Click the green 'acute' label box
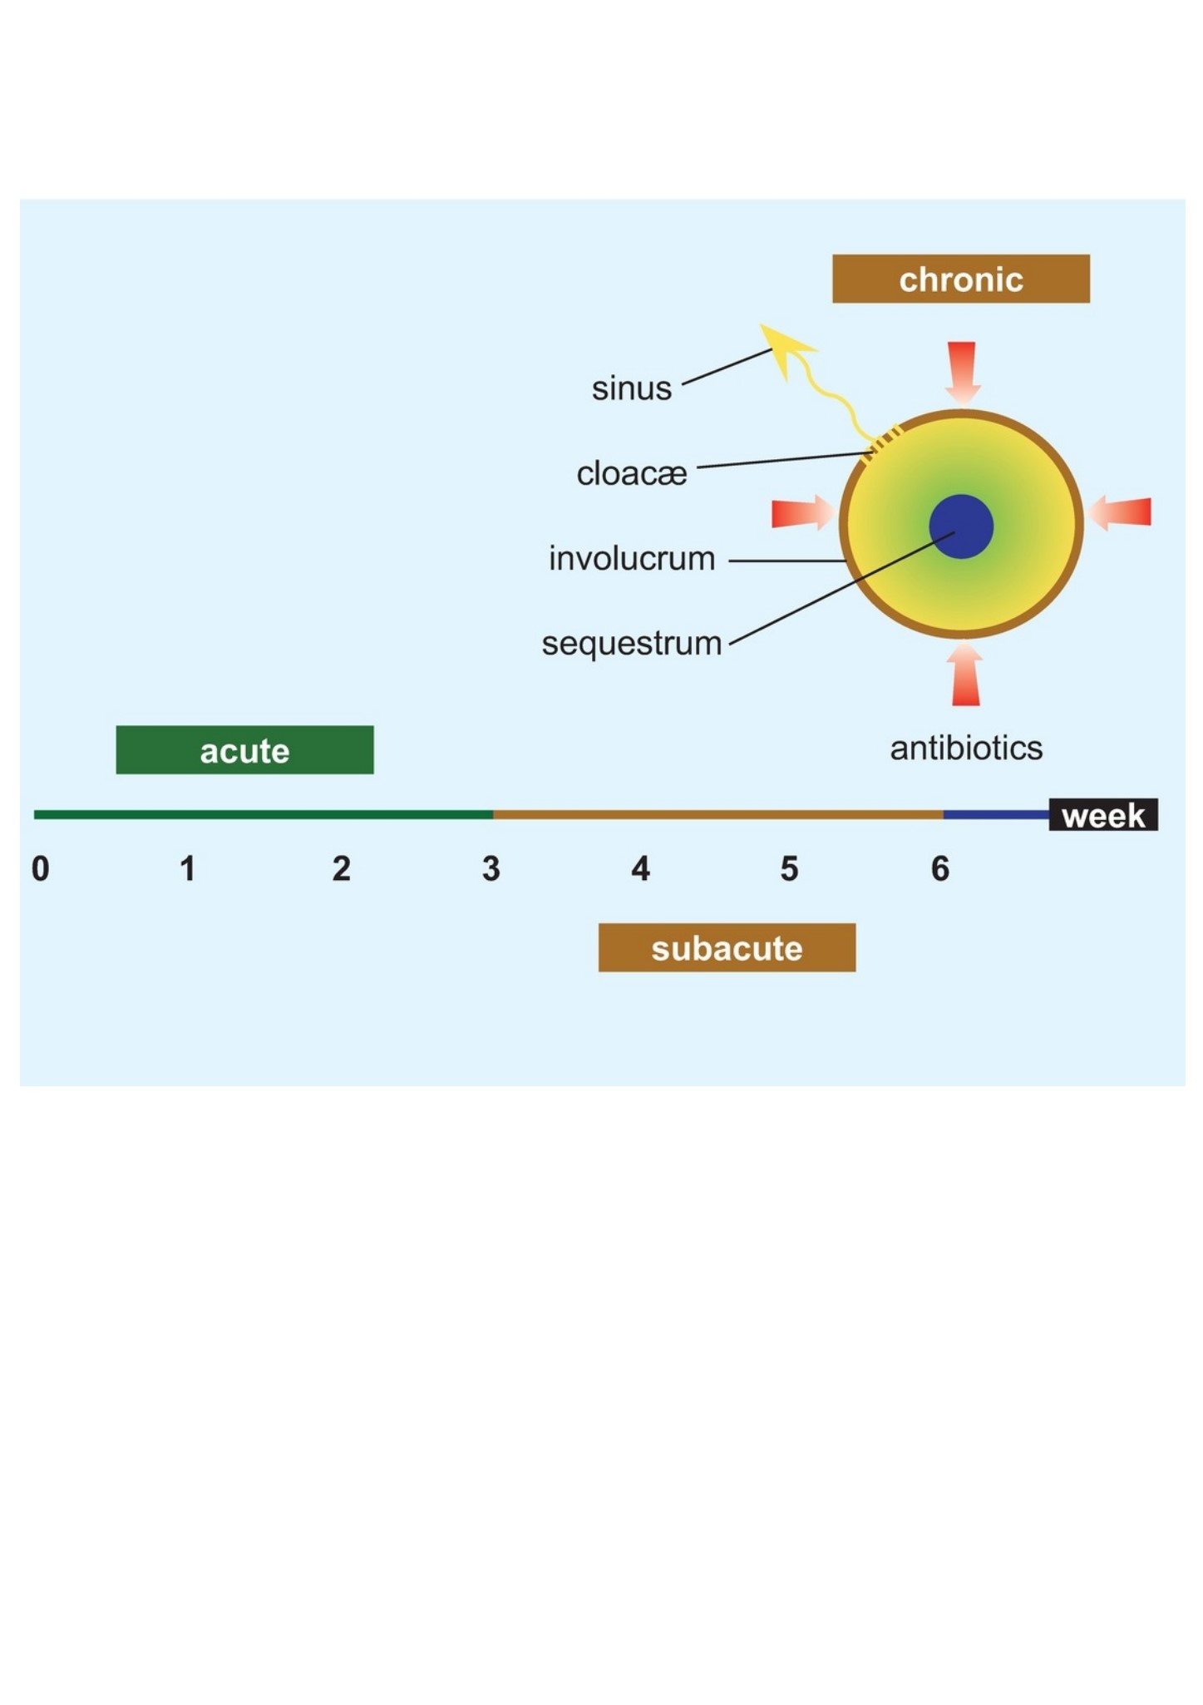[244, 749]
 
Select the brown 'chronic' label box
[960, 279]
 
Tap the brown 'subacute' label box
[727, 947]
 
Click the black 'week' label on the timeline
[1103, 815]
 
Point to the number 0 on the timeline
[40, 869]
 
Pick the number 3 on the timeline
[491, 869]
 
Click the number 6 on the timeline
[940, 869]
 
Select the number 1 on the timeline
[188, 869]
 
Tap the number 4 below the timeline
[640, 869]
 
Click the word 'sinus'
[632, 388]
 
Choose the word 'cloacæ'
[632, 473]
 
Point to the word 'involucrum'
[632, 558]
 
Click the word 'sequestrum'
[632, 644]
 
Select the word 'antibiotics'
[966, 749]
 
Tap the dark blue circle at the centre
[961, 526]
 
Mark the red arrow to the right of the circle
[1120, 511]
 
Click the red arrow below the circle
[964, 675]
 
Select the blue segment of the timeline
[996, 815]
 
